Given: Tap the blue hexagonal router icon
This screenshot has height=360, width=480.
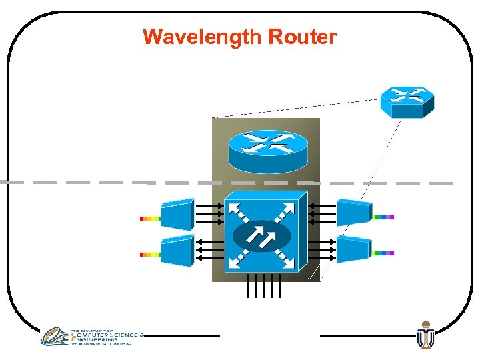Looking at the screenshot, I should click(407, 102).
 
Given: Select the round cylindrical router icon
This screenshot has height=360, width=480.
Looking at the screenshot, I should click(267, 150).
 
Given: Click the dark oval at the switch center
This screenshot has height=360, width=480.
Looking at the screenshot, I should click(263, 235).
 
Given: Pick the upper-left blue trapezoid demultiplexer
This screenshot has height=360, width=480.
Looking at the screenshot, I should click(177, 213).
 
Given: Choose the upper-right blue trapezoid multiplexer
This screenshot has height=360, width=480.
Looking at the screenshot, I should click(354, 212).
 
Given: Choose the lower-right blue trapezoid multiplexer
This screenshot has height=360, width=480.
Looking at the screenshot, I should click(354, 249).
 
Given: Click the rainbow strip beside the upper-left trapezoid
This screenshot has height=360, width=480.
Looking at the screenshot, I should click(150, 218).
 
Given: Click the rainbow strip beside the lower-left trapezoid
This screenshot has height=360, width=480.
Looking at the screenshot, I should click(150, 254).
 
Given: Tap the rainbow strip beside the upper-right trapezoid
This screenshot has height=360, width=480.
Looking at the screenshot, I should click(384, 217).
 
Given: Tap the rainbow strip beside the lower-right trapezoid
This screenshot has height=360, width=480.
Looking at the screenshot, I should click(384, 253).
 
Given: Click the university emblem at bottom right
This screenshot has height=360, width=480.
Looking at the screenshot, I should click(425, 335).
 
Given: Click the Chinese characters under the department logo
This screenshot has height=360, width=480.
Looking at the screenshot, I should click(100, 344).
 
